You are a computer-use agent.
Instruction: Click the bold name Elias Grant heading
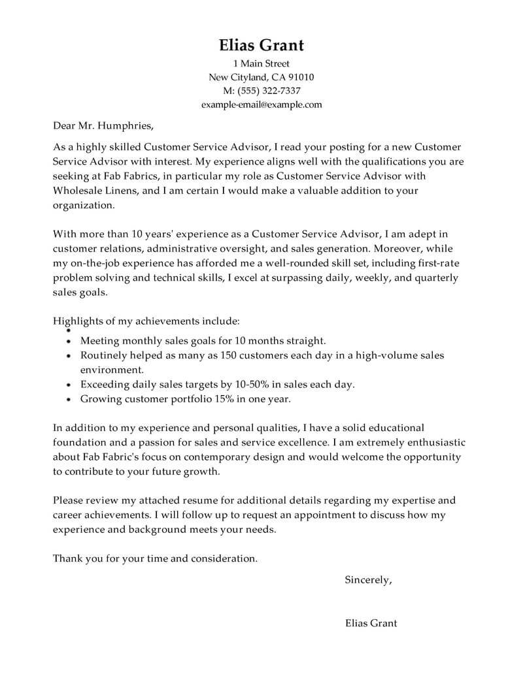[x=261, y=45]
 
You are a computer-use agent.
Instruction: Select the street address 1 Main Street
[x=261, y=64]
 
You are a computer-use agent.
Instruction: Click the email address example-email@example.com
[x=261, y=105]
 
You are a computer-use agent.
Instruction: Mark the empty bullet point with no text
[x=69, y=332]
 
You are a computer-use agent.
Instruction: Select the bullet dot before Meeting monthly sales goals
[x=69, y=342]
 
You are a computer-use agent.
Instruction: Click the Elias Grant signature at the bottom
[x=371, y=623]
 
